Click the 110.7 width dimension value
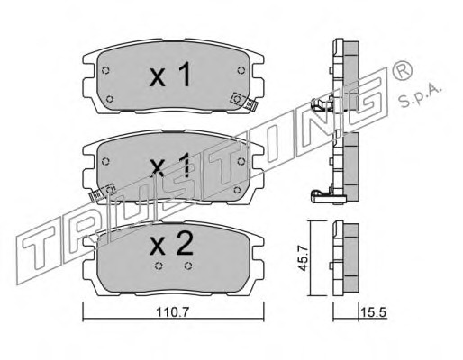pyautogui.click(x=172, y=312)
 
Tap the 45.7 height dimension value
pyautogui.click(x=304, y=258)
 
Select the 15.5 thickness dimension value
pyautogui.click(x=373, y=312)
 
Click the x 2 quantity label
pyautogui.click(x=171, y=244)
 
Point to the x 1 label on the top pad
pyautogui.click(x=170, y=74)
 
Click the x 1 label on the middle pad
pyautogui.click(x=170, y=165)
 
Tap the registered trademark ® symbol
pyautogui.click(x=402, y=70)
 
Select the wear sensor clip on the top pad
pyautogui.click(x=244, y=102)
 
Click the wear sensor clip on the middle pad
pyautogui.click(x=103, y=193)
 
